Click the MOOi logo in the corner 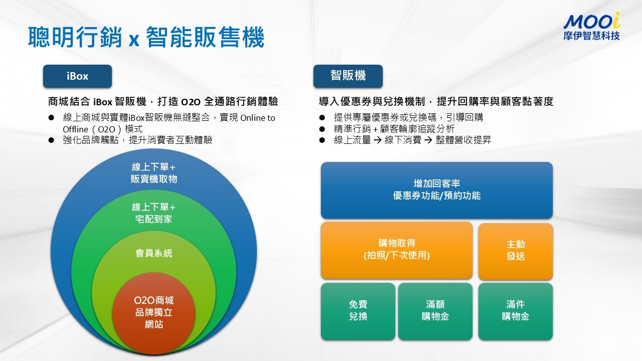591,26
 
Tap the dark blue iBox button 77,76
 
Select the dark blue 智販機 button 348,76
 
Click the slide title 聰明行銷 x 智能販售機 146,37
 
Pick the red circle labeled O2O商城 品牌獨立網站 154,313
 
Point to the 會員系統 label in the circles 154,253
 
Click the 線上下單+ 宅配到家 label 153,213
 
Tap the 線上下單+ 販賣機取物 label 153,173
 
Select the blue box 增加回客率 437,190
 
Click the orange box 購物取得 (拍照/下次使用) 397,250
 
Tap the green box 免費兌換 358,311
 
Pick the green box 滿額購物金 435,311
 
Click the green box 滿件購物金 516,311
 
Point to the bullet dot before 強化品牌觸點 51,140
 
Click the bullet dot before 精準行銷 322,129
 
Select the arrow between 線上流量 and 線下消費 378,140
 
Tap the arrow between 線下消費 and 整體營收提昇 428,140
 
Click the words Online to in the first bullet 258,118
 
